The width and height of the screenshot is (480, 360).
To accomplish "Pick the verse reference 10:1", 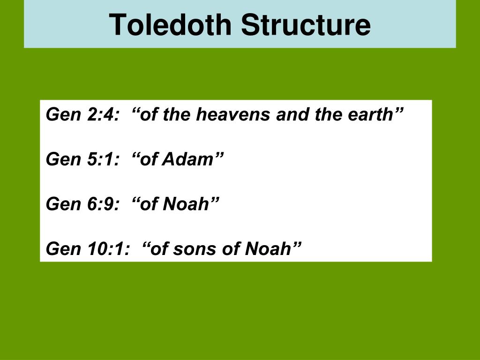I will coord(107,248).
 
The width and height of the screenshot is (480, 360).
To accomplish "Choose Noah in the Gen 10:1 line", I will coord(267,248).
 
